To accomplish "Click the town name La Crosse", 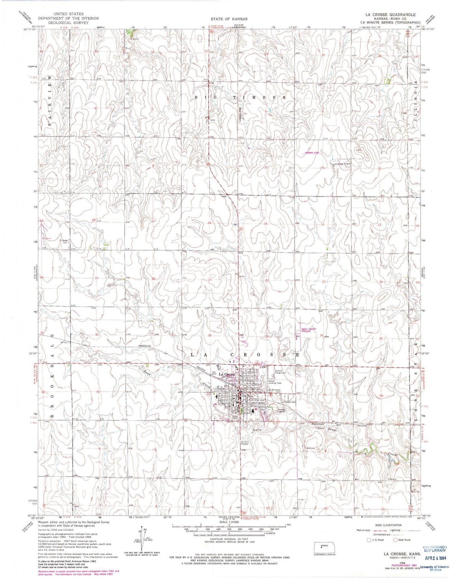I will click(227, 374).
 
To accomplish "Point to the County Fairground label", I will click(280, 372).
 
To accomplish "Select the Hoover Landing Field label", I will click(275, 382).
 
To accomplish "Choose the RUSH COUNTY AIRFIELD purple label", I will click(309, 330).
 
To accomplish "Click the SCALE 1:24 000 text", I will click(229, 522).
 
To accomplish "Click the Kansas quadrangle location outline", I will click(325, 547).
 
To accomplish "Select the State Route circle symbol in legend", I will click(395, 540).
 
